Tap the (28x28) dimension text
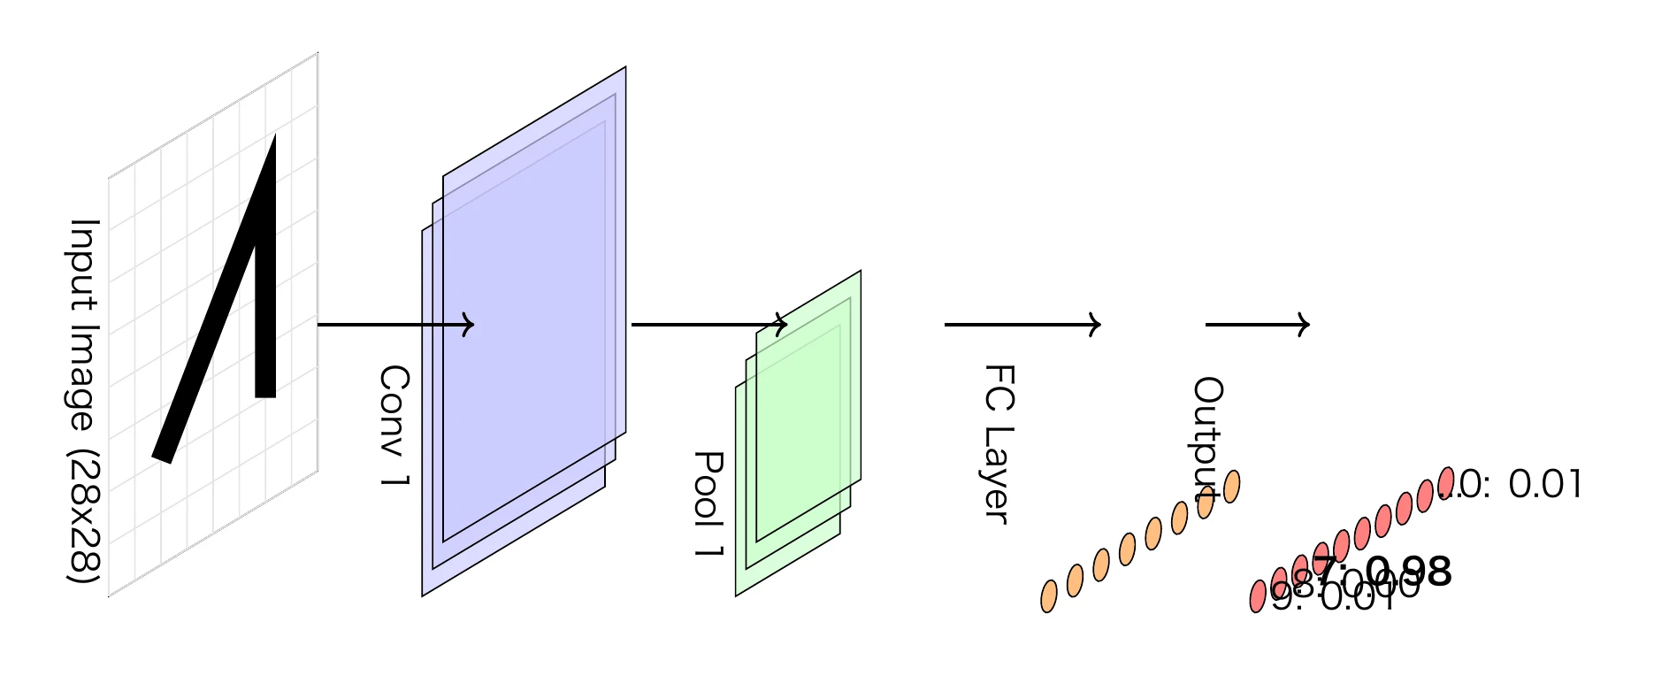coord(84,518)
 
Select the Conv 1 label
coord(394,425)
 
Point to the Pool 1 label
coord(708,503)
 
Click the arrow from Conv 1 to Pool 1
coord(708,325)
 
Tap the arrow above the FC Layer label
coord(1022,325)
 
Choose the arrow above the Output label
coord(1256,325)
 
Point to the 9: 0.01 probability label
coord(1336,599)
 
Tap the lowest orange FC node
coord(1049,596)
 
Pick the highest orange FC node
coord(1231,486)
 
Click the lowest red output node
coord(1258,596)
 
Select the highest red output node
coord(1445,482)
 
